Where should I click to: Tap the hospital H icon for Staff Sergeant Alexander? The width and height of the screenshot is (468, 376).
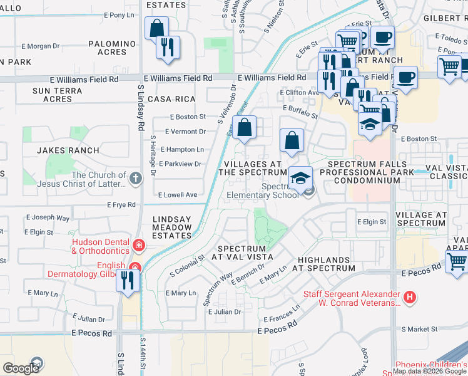410,297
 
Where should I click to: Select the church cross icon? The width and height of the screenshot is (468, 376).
136,179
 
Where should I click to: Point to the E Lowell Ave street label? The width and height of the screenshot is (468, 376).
178,195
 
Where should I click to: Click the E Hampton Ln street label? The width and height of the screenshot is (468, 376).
182,150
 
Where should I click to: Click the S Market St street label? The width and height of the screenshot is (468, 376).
420,328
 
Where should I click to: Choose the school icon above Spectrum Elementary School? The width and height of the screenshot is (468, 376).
300,178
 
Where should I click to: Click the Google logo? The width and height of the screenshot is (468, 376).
21,368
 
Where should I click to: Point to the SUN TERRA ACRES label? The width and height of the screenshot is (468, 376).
53,95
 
